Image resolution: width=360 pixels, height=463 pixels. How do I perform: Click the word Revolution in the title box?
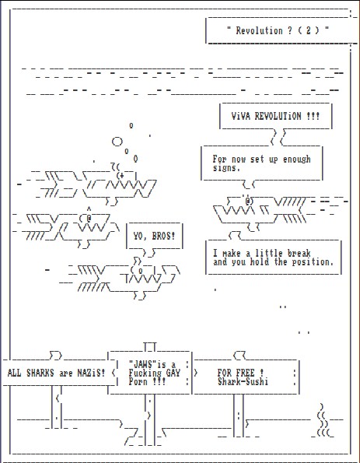click(x=259, y=30)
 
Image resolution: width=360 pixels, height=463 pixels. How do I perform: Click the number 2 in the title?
click(x=309, y=30)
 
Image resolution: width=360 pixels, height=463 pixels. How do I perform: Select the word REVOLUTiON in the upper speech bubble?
click(x=278, y=116)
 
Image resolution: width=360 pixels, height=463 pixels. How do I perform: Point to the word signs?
click(x=226, y=168)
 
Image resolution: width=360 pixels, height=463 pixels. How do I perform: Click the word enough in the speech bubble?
click(x=297, y=160)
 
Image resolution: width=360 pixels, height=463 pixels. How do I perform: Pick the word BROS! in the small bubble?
click(x=163, y=237)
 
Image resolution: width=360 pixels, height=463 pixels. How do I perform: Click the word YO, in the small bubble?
click(x=140, y=237)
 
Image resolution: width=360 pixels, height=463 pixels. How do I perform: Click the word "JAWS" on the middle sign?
click(x=142, y=364)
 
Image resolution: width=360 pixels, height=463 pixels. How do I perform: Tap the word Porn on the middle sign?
click(x=138, y=381)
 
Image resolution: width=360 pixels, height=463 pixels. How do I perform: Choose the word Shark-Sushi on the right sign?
click(x=243, y=381)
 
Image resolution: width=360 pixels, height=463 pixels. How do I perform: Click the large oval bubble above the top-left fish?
click(x=117, y=142)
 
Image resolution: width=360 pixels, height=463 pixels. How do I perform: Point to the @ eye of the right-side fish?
click(x=249, y=201)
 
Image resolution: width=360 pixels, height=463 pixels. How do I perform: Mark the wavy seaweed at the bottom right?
click(x=323, y=420)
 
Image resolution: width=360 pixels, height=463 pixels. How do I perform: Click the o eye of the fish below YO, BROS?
click(x=141, y=271)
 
